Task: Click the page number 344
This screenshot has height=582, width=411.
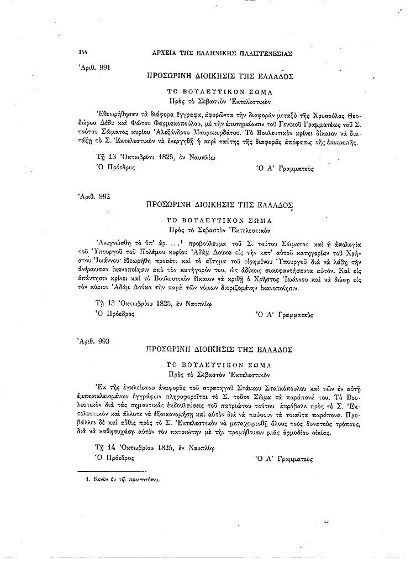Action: click(84, 53)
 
